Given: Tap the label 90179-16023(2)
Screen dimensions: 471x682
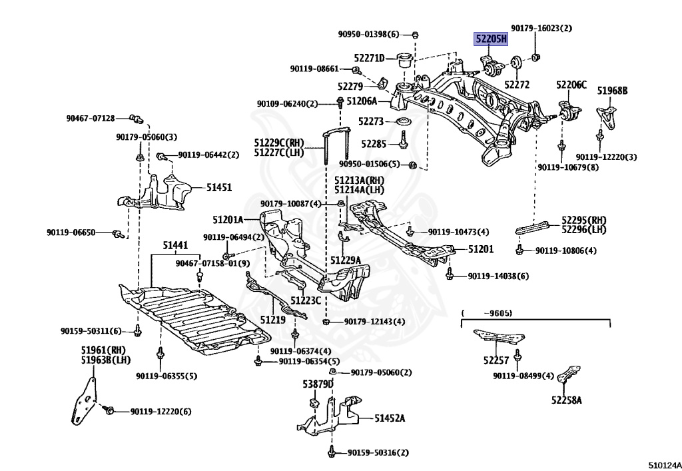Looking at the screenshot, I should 541,29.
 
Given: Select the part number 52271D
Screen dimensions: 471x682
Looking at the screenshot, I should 370,59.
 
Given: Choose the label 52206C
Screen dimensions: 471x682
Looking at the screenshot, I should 572,85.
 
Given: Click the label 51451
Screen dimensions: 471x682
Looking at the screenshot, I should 218,188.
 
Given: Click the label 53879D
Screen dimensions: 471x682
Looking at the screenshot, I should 318,384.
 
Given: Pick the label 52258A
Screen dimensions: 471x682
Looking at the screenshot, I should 566,400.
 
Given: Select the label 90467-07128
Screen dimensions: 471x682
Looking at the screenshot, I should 90,119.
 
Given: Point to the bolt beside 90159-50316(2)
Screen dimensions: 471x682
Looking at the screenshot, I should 331,453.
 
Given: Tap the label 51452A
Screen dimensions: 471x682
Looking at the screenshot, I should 390,418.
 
